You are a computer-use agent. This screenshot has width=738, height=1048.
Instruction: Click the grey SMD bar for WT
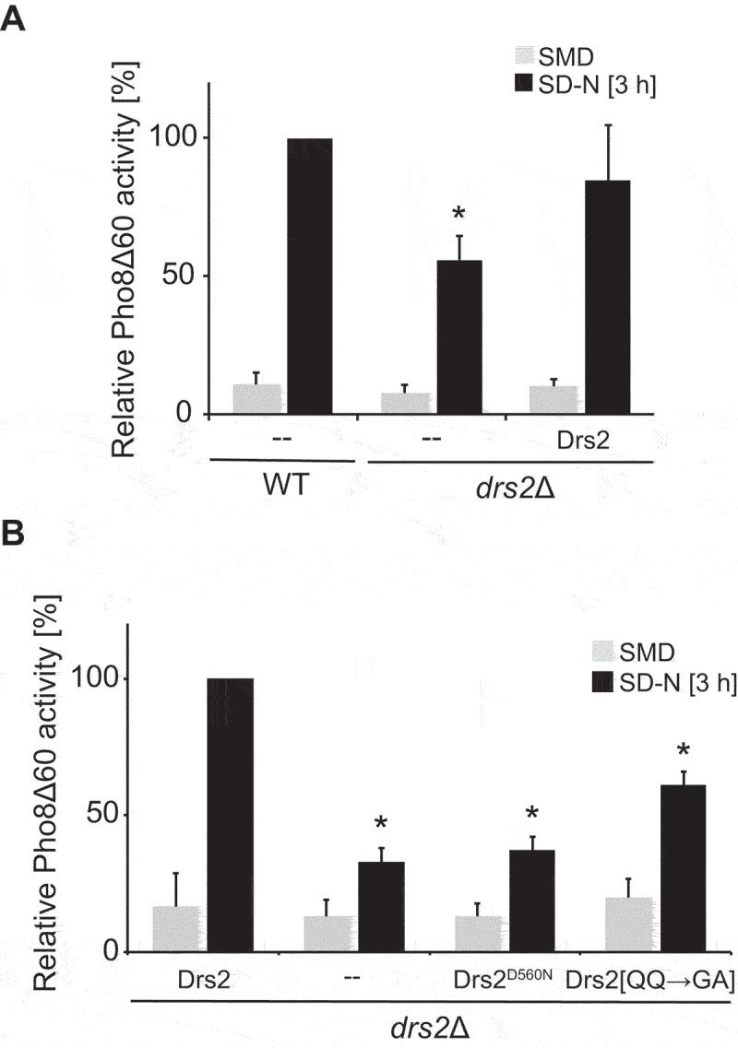click(x=256, y=398)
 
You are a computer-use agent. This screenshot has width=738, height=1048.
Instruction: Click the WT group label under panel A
click(x=281, y=484)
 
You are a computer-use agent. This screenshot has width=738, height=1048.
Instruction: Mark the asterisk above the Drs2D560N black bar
click(x=530, y=814)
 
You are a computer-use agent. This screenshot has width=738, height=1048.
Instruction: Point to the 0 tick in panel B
click(x=108, y=952)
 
